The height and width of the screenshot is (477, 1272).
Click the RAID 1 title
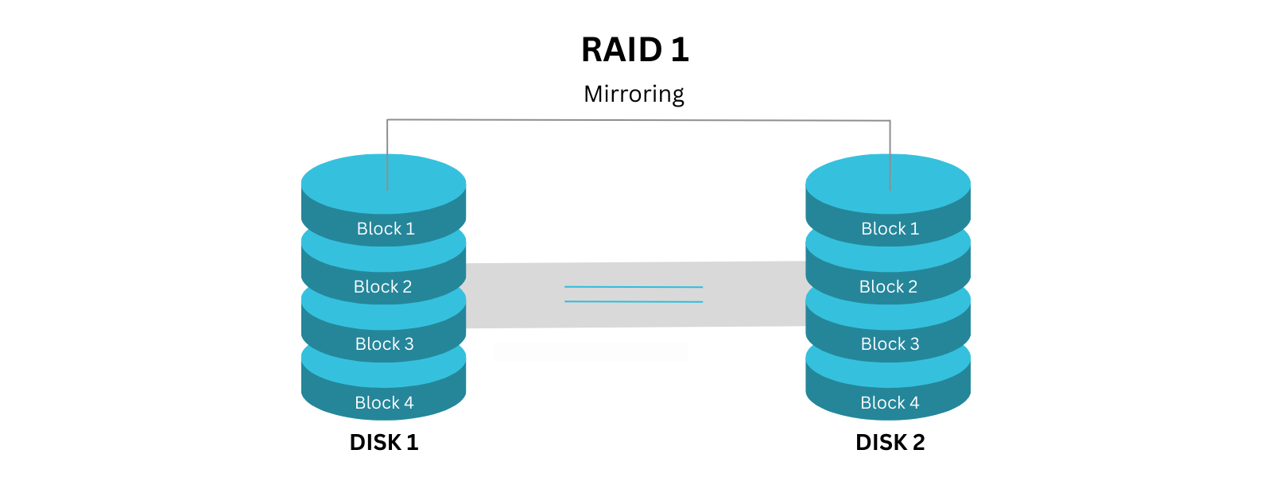[x=634, y=50]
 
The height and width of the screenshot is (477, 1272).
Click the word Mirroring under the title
[x=634, y=94]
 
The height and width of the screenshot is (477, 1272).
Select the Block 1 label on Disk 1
[x=386, y=229]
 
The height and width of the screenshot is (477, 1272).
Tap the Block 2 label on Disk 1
[x=382, y=287]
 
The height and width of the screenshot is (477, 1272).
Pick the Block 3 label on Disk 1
[x=384, y=344]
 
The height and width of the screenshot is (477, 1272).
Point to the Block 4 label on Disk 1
[x=384, y=403]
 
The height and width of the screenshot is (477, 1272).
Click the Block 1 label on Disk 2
[x=890, y=229]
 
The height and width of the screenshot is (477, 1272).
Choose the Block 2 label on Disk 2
[x=888, y=287]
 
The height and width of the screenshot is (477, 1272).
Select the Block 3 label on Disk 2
[x=890, y=344]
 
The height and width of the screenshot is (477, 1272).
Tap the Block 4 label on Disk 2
[x=890, y=403]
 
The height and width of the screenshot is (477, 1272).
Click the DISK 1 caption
[x=384, y=443]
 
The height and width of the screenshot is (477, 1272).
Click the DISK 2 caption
[x=890, y=443]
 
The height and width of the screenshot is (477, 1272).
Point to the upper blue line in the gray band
[x=634, y=286]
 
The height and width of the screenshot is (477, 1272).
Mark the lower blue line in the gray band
[x=634, y=301]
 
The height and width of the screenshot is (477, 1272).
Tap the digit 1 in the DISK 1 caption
[x=412, y=443]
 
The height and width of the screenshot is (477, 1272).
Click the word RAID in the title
[x=621, y=50]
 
